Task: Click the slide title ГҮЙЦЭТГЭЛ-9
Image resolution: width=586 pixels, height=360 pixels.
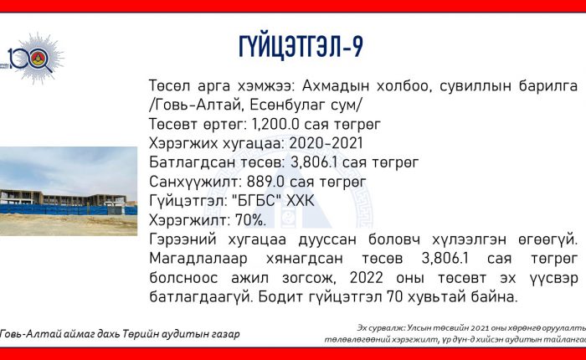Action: pos(301,47)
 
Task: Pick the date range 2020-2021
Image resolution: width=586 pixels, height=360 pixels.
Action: pos(326,143)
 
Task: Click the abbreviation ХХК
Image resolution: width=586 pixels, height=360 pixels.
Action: pos(301,201)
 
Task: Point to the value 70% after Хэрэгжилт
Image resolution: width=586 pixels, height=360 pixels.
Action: pos(250,220)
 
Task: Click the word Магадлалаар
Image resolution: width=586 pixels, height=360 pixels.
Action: pos(198,259)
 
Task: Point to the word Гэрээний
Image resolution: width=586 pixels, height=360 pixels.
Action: pos(182,239)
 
